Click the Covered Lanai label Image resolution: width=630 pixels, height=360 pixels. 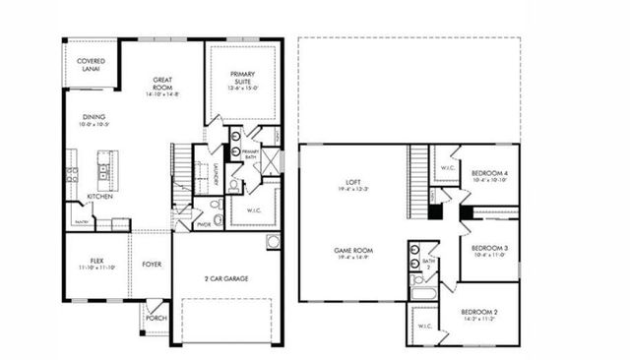pyautogui.click(x=91, y=65)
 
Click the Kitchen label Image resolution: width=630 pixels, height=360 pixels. pyautogui.click(x=100, y=196)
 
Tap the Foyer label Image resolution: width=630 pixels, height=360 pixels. pyautogui.click(x=152, y=263)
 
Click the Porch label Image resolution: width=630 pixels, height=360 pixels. pyautogui.click(x=156, y=318)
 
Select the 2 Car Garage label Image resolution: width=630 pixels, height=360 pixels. pyautogui.click(x=226, y=279)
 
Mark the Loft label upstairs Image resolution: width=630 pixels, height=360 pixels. pyautogui.click(x=353, y=184)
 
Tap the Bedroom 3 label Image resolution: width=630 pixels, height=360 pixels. pyautogui.click(x=489, y=250)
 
